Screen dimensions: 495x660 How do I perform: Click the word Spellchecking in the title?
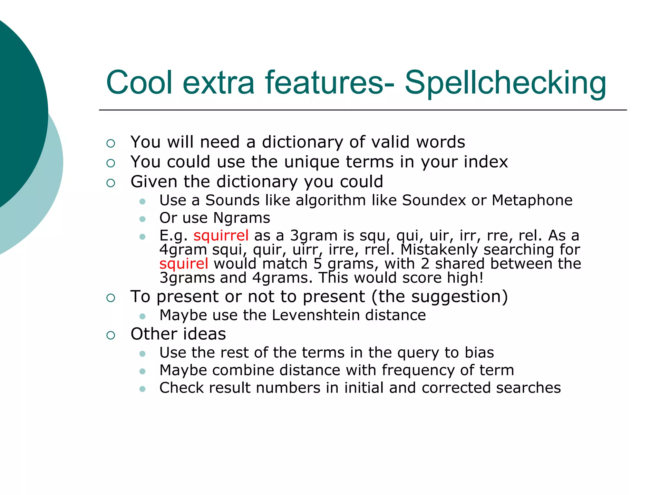(x=505, y=83)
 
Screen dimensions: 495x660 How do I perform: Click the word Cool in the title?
(x=139, y=83)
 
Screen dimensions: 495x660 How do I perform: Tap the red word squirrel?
(x=221, y=235)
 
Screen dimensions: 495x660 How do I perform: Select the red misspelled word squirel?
(x=184, y=264)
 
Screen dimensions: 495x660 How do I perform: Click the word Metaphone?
(x=532, y=200)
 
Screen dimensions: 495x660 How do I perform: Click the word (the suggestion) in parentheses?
(x=440, y=296)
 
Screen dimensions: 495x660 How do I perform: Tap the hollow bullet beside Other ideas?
(x=111, y=335)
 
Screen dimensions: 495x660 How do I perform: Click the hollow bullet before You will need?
(x=111, y=143)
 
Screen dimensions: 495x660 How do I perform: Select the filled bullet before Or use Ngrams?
(x=142, y=219)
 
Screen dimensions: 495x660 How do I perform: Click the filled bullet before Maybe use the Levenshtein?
(x=142, y=316)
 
